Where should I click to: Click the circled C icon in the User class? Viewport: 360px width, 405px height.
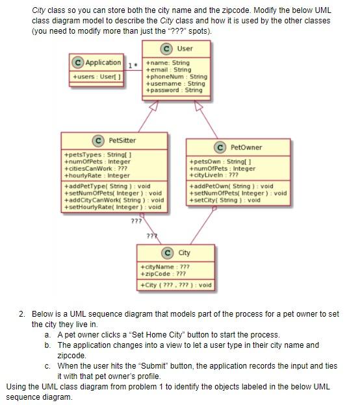(x=166, y=48)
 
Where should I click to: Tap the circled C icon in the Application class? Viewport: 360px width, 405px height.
(x=78, y=63)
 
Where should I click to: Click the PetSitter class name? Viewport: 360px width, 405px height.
(x=122, y=140)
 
